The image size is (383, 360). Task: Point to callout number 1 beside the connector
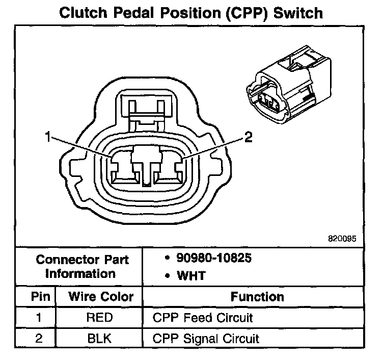click(x=48, y=137)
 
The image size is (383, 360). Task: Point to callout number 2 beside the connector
click(x=248, y=137)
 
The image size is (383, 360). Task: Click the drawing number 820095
click(x=343, y=238)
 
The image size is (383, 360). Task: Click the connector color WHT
click(x=191, y=276)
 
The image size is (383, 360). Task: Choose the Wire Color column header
click(x=101, y=297)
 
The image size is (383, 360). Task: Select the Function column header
click(x=257, y=297)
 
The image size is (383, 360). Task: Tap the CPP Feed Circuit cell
click(x=202, y=318)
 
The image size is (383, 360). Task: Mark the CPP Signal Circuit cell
click(x=206, y=338)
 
